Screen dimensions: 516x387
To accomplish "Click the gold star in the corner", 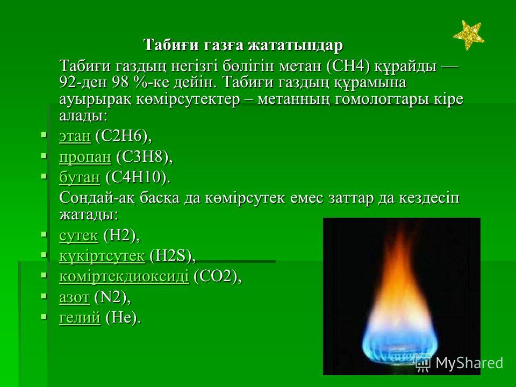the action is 469,35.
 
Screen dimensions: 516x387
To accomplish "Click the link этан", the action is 75,136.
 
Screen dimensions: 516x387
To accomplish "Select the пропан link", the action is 85,157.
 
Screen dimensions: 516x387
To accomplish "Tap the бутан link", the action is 80,177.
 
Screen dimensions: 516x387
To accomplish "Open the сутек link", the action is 78,235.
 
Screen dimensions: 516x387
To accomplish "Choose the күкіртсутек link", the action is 102,256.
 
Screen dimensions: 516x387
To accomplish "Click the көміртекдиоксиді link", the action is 124,276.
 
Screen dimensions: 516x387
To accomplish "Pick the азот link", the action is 74,297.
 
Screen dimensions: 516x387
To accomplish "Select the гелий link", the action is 80,318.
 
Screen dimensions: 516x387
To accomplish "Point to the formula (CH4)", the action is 348,66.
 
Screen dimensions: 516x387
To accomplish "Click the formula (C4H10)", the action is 138,177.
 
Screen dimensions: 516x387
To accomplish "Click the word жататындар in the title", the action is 295,45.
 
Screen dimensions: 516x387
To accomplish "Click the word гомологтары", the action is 382,99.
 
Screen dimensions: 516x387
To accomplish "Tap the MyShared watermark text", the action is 469,363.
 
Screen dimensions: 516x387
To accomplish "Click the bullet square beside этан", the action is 44,134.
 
